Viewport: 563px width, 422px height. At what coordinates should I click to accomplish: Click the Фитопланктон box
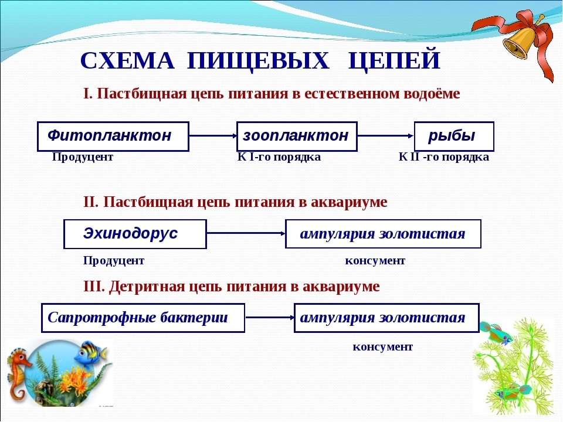[x=113, y=137]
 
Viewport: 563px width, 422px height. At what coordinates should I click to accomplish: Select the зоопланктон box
[x=297, y=137]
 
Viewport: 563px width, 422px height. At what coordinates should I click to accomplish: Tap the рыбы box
[x=454, y=137]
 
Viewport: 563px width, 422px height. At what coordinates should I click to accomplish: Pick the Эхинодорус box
[x=135, y=234]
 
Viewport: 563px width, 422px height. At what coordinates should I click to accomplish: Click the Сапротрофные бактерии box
[x=143, y=318]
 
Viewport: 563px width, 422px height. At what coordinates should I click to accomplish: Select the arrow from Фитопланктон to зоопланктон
[x=213, y=135]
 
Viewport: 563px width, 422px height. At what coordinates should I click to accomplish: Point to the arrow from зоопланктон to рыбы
[x=386, y=135]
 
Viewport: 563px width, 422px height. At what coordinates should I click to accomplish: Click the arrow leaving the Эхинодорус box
[x=246, y=233]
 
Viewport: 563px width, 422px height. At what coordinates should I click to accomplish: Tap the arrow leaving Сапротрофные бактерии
[x=270, y=317]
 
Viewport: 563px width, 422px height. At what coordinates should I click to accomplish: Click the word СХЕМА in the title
[x=127, y=60]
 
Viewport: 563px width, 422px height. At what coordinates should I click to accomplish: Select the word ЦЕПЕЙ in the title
[x=394, y=60]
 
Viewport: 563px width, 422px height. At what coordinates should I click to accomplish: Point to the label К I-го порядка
[x=279, y=157]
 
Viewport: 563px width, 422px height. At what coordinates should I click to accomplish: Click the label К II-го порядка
[x=444, y=157]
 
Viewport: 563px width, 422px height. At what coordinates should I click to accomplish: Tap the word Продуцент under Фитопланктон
[x=83, y=157]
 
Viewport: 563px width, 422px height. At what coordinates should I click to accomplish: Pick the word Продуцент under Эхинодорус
[x=114, y=260]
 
